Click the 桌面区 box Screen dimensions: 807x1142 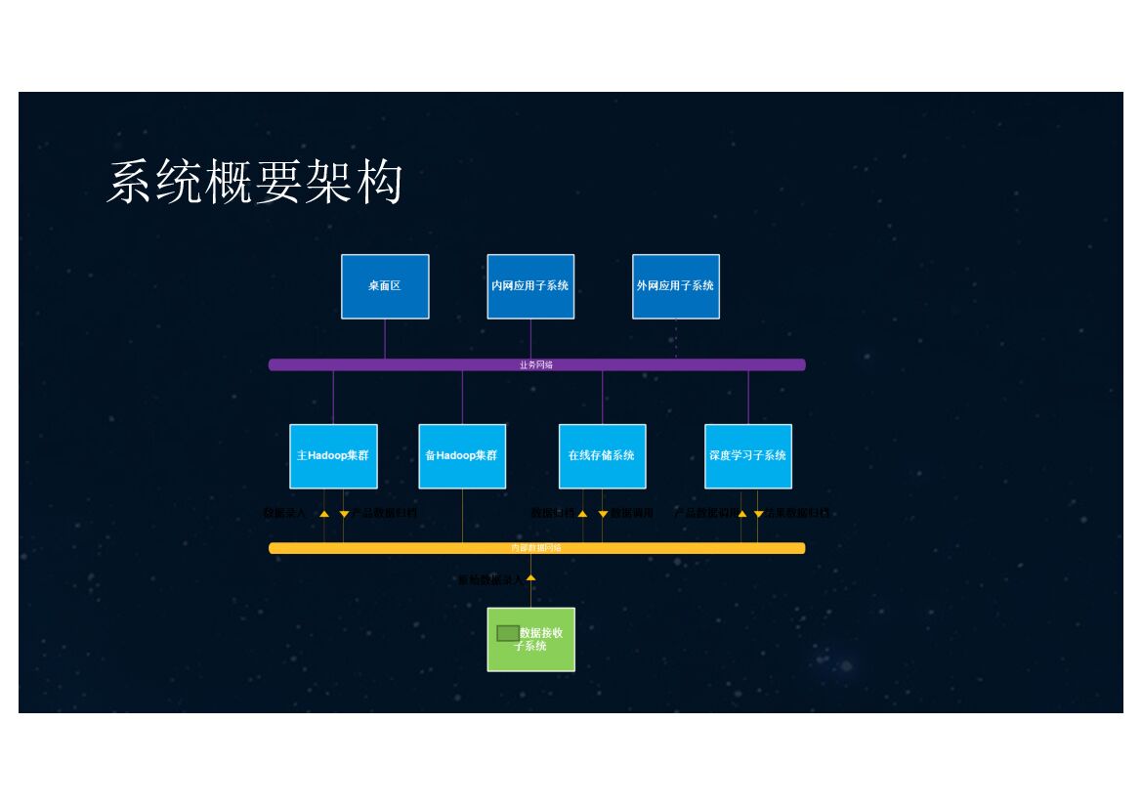click(x=385, y=286)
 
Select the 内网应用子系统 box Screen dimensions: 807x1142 click(x=530, y=286)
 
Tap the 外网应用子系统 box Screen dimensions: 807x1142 click(x=676, y=286)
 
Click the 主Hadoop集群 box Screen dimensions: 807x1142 click(x=333, y=456)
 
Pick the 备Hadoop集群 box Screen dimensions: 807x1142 click(x=462, y=456)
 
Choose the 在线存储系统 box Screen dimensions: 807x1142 click(x=602, y=456)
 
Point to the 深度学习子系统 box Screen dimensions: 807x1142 click(x=748, y=456)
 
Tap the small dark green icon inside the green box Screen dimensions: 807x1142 click(x=507, y=633)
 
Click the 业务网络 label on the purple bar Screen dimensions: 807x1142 click(x=536, y=365)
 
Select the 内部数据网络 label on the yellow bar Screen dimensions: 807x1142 click(x=536, y=548)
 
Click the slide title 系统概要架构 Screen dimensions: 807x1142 click(x=255, y=183)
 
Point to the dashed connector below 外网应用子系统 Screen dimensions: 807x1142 click(x=676, y=339)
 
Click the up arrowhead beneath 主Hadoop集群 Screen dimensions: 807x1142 click(x=324, y=513)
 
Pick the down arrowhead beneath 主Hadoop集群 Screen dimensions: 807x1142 click(x=344, y=514)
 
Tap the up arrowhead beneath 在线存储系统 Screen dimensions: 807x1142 click(x=582, y=513)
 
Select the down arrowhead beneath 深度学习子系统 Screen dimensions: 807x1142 click(x=758, y=514)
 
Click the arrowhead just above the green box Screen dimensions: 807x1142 click(x=531, y=578)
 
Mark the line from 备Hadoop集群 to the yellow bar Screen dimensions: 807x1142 click(x=462, y=516)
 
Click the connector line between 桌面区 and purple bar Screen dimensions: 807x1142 click(x=385, y=339)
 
